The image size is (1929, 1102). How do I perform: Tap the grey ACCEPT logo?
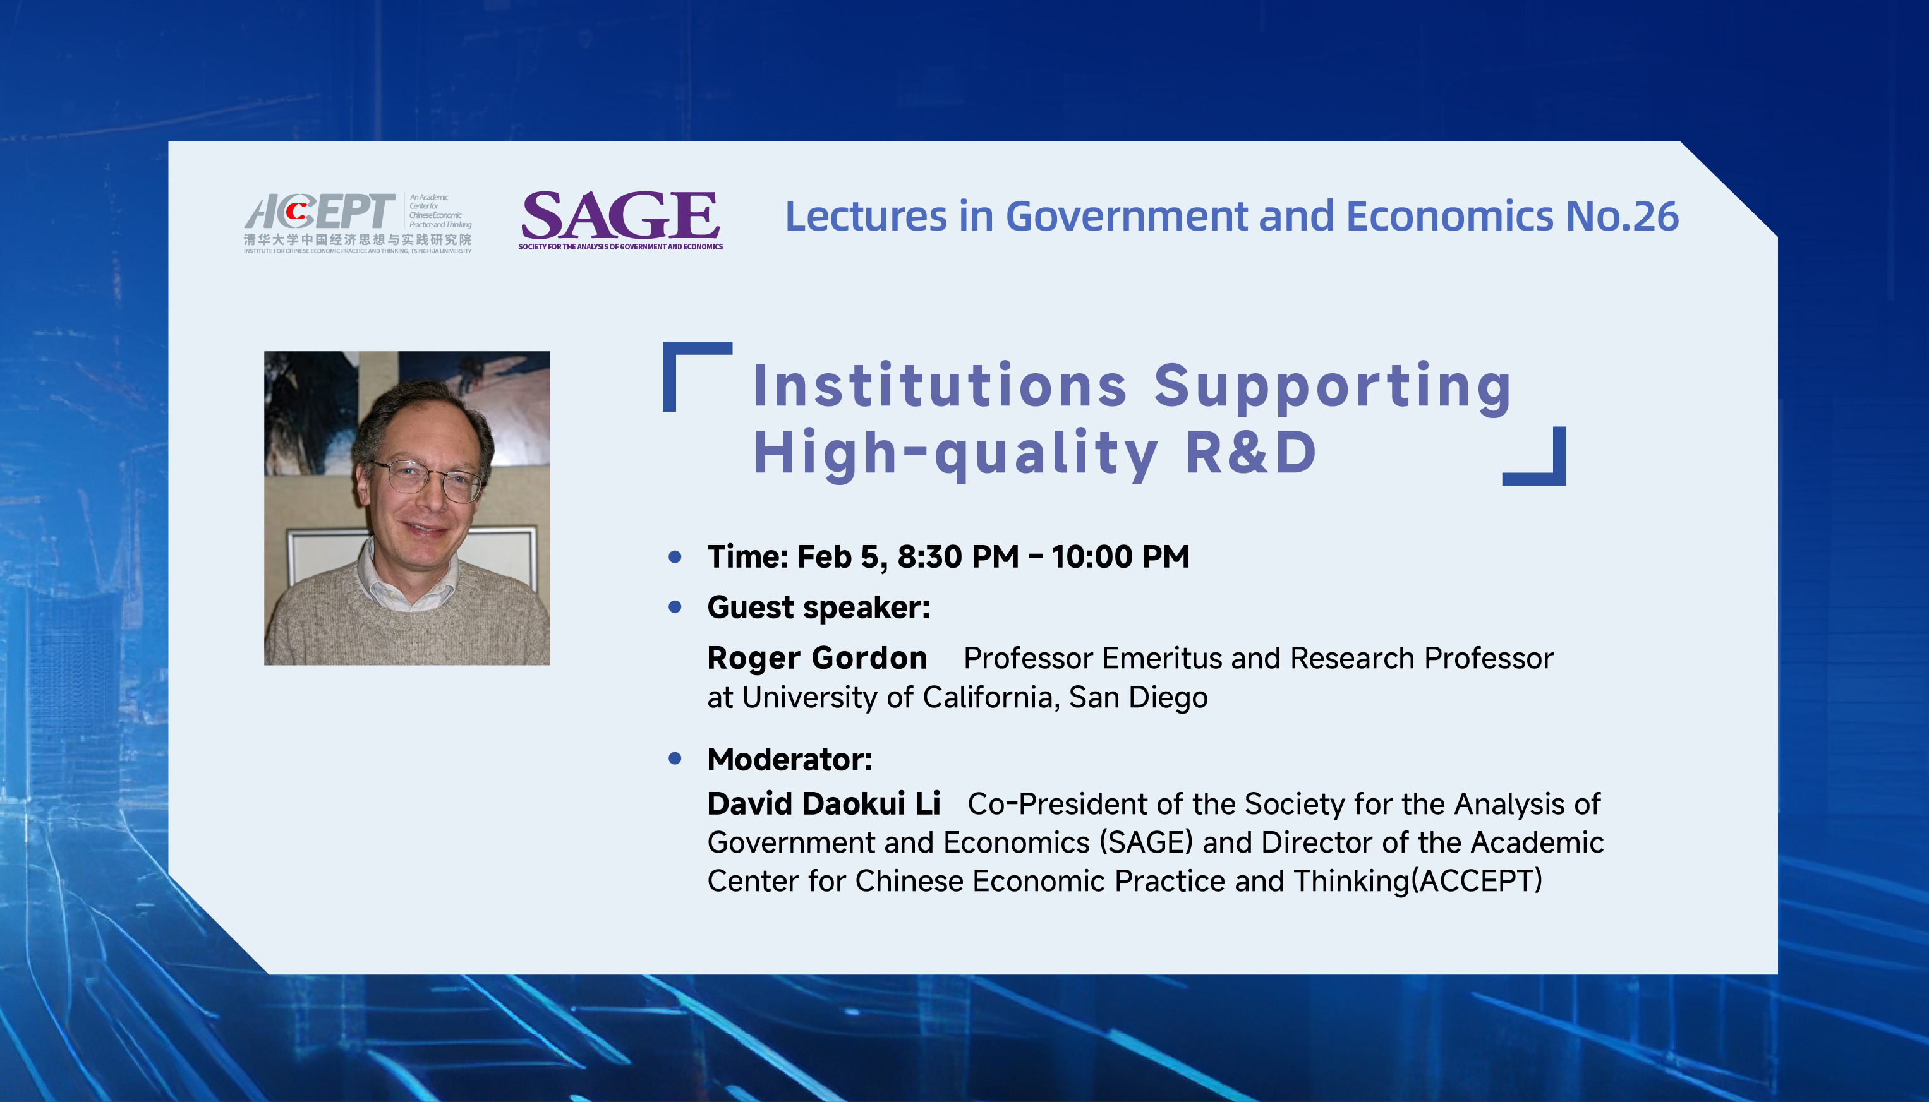tap(358, 222)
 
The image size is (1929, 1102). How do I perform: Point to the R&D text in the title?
tap(1252, 453)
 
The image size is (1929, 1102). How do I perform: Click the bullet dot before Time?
tap(675, 558)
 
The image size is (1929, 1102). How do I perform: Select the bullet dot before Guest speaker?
tap(675, 607)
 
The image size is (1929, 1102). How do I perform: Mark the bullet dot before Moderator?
tap(675, 758)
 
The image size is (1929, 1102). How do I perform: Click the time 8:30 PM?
tap(958, 557)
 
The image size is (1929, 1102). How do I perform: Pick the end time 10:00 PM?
tap(1120, 557)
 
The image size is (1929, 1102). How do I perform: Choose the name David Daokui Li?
tap(824, 804)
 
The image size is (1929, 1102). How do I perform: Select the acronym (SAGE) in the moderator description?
tap(1146, 842)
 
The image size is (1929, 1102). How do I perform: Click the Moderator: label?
tap(790, 759)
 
